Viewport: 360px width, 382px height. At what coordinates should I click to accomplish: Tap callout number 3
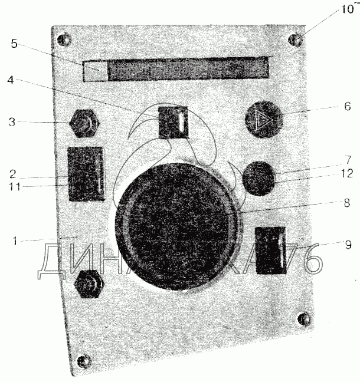(12, 123)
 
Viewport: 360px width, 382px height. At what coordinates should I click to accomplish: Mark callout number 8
(346, 203)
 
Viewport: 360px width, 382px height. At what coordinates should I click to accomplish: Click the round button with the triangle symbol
(264, 120)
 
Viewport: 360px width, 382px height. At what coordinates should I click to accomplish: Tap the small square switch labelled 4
(174, 121)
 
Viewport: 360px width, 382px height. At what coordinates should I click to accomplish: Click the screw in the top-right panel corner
(296, 39)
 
